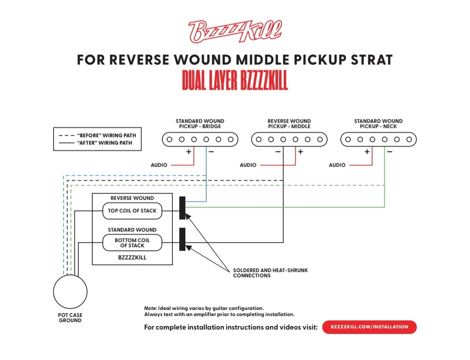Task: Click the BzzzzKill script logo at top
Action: tap(235, 31)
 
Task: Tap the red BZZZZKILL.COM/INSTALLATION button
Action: tap(369, 327)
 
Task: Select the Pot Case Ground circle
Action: tap(70, 292)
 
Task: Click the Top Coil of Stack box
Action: tap(132, 211)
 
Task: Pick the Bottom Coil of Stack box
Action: tap(132, 243)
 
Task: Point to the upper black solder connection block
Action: tap(182, 208)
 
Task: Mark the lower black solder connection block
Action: tap(182, 239)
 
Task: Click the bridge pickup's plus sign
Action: tap(188, 151)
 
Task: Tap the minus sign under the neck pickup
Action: tap(389, 152)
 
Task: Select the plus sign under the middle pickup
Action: tap(300, 151)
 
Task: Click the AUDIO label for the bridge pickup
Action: tap(159, 165)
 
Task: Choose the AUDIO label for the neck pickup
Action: tap(337, 165)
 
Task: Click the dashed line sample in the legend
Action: tap(66, 135)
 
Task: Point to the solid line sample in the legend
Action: tap(66, 143)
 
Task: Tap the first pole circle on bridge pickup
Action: tap(169, 139)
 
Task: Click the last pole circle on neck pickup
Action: tap(409, 139)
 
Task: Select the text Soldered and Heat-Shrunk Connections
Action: tap(270, 273)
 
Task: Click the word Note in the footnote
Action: tap(151, 308)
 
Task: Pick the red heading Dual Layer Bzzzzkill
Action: tap(235, 81)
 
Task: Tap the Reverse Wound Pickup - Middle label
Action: tap(289, 124)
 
